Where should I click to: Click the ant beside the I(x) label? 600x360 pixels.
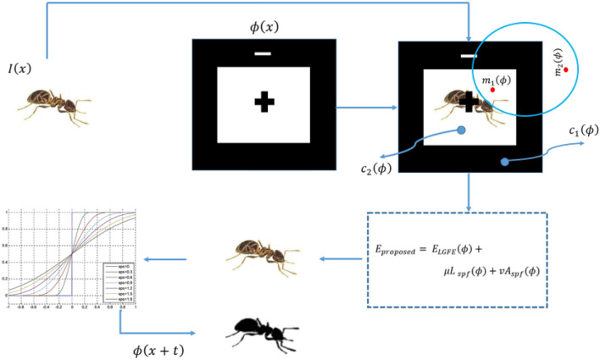coord(50,105)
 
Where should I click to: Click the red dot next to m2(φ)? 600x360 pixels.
coord(565,68)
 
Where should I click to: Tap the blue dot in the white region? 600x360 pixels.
coord(461,130)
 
